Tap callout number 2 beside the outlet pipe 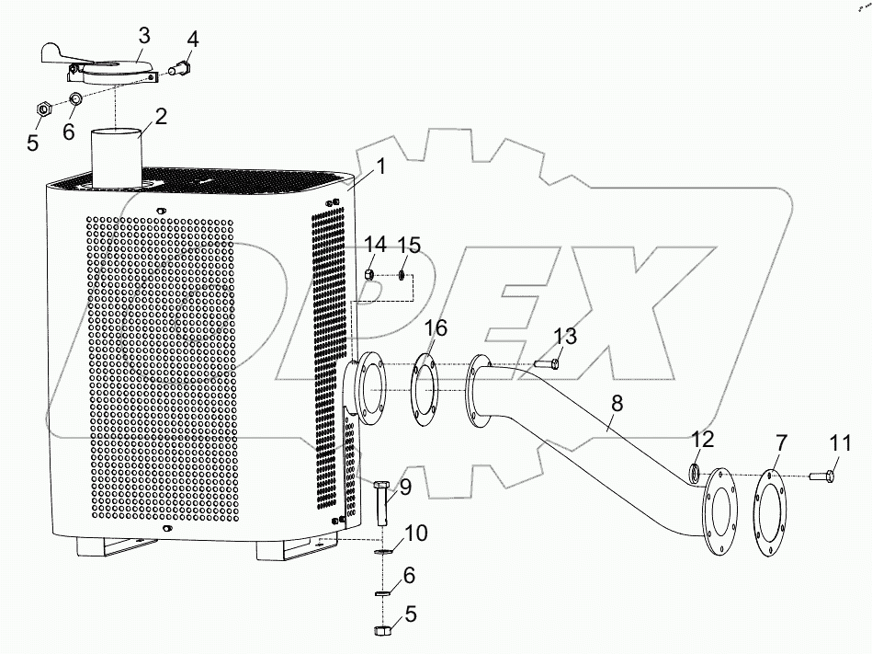click(x=161, y=117)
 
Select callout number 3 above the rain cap click(x=144, y=36)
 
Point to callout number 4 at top click(x=192, y=40)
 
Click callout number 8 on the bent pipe click(x=617, y=402)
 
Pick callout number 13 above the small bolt click(x=565, y=336)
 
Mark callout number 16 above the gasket click(x=436, y=329)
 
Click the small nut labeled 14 click(x=368, y=274)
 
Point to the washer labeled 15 click(x=402, y=274)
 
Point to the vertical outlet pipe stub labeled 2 click(x=116, y=158)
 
